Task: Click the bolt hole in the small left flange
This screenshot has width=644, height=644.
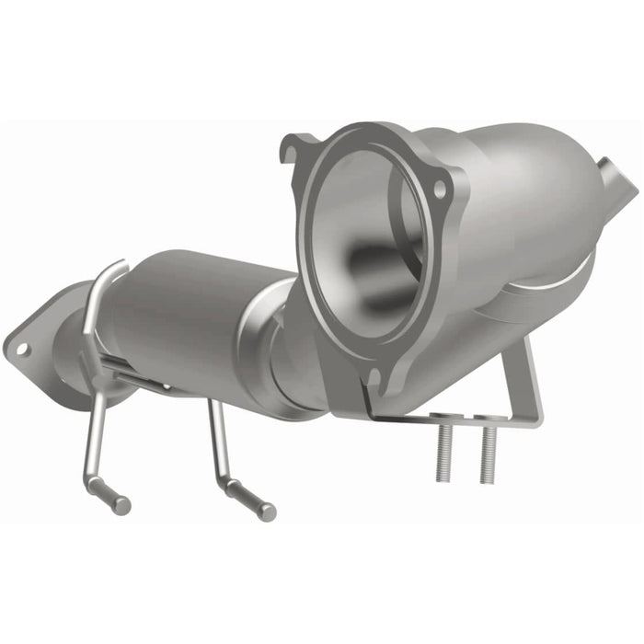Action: coord(21,349)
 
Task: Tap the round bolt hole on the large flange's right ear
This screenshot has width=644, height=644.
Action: coord(441,189)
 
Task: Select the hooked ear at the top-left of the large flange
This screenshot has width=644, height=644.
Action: coord(297,147)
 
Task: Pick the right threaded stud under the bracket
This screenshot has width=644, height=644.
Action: coord(487,455)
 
